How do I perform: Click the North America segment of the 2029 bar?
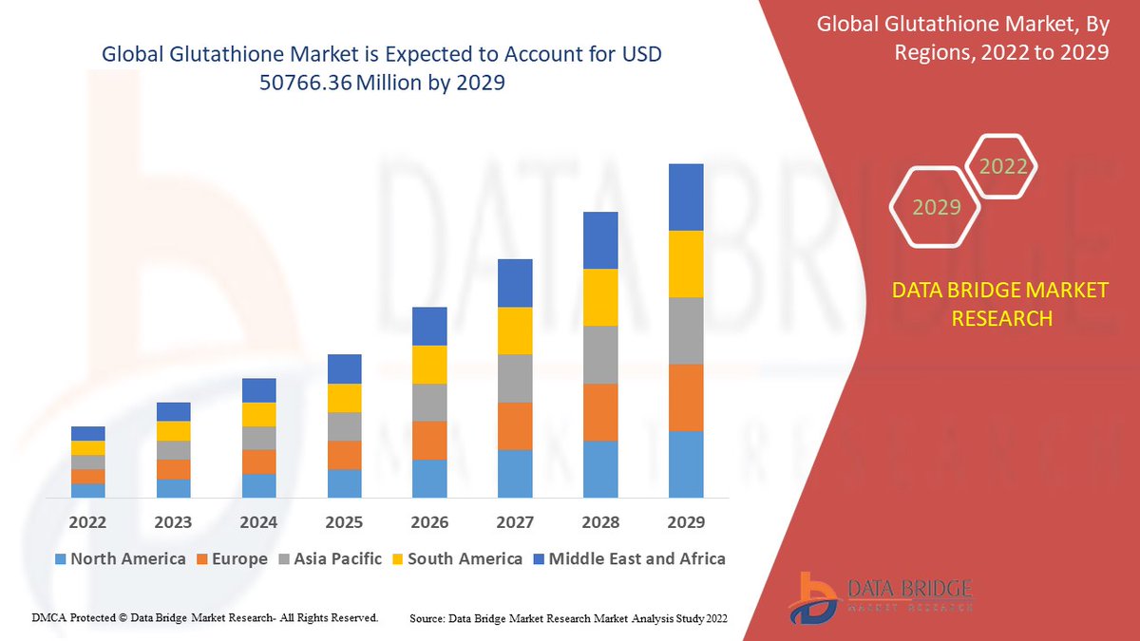pos(686,463)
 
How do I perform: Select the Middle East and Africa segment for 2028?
pos(600,239)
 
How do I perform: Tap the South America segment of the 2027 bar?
pos(515,330)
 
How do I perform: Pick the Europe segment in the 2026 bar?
pos(429,440)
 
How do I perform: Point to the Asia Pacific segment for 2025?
pos(344,426)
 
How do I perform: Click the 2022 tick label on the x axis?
pos(87,522)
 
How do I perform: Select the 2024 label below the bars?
pos(258,522)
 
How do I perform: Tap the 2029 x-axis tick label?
pos(686,522)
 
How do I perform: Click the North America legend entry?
pos(120,558)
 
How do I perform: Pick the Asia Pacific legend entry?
pos(329,558)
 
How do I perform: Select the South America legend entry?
pos(456,558)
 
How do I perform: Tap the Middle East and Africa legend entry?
pos(628,558)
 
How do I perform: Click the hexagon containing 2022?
pos(1003,167)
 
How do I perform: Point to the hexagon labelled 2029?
pos(937,207)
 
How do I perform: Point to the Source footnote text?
pos(568,619)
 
